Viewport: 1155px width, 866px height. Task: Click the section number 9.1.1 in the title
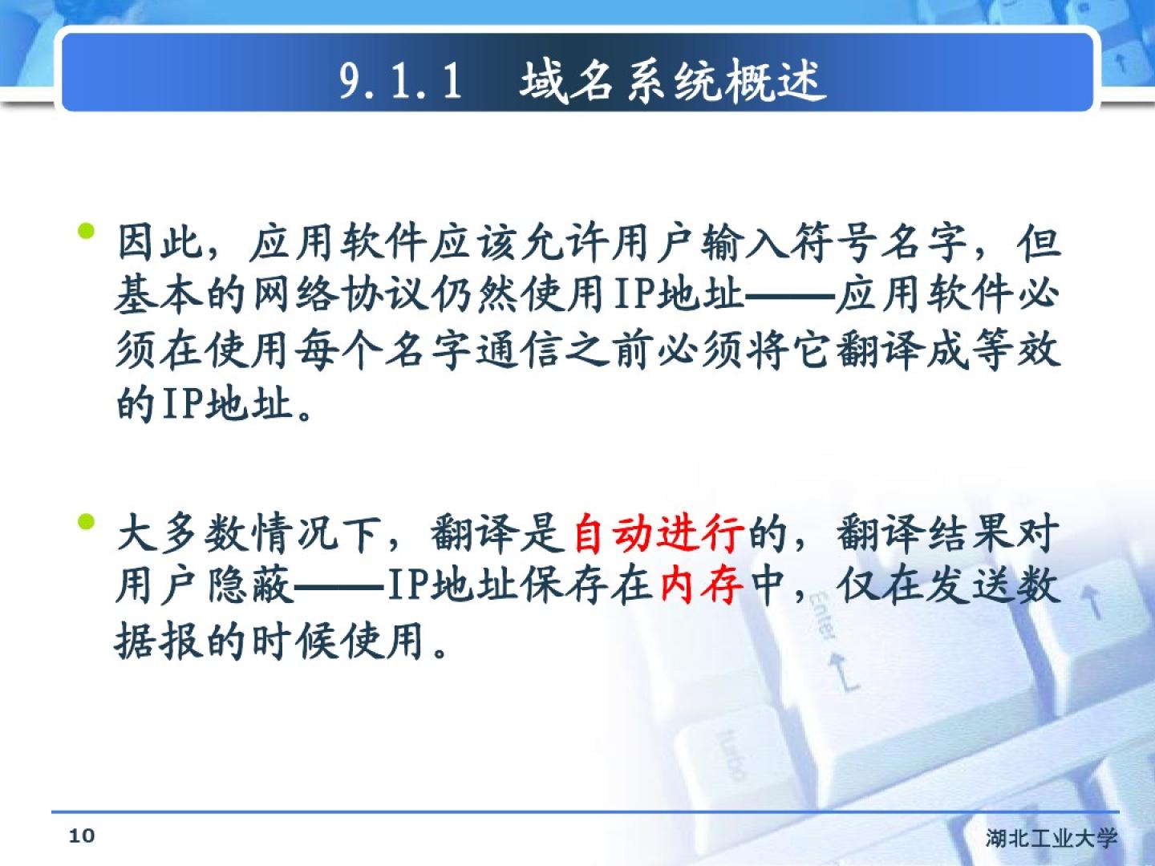coord(401,81)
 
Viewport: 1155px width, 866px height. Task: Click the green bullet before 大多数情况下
coord(86,521)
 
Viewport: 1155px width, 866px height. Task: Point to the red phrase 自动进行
coord(659,533)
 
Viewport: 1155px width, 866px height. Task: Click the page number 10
coord(82,836)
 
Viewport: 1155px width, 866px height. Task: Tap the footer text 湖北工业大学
coord(1052,839)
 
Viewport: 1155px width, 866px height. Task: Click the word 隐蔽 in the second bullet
coord(250,585)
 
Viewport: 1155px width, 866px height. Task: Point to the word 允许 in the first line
coord(565,242)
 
